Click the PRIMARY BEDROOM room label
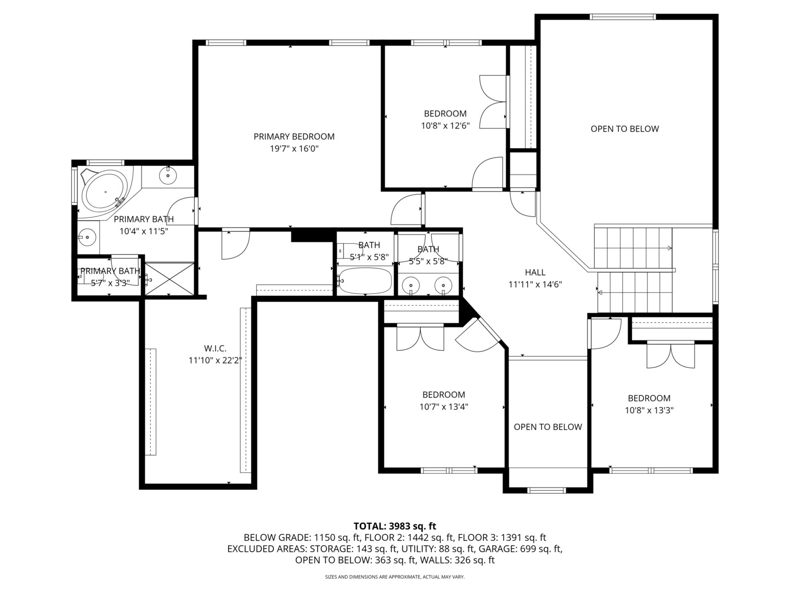[294, 136]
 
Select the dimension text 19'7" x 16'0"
[294, 148]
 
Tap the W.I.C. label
[215, 348]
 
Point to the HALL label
[535, 272]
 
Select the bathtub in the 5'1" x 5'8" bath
[365, 281]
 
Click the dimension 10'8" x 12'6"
[445, 125]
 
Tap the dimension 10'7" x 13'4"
[443, 406]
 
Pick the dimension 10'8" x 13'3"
[649, 410]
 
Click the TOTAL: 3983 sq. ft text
[394, 526]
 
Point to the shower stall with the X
[170, 279]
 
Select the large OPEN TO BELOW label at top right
[624, 128]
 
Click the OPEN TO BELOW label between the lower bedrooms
[548, 427]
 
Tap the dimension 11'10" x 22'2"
[215, 360]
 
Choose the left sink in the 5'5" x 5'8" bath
[410, 285]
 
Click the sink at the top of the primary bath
[167, 176]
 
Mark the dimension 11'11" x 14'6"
[535, 284]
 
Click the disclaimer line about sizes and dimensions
[394, 577]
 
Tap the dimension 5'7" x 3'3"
[110, 283]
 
